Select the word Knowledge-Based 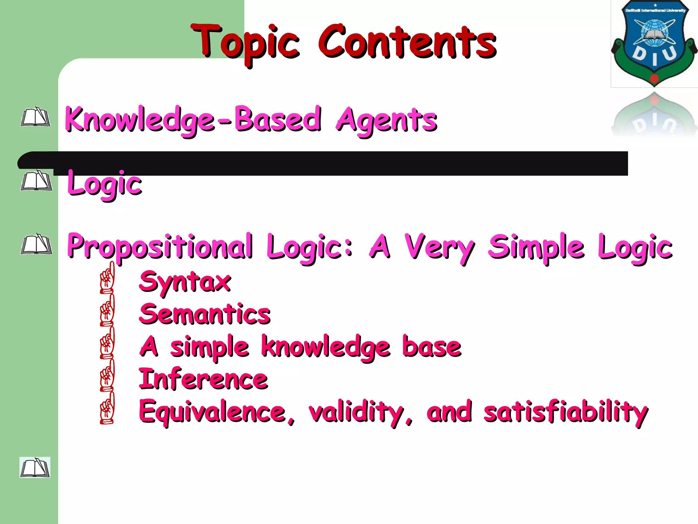tap(193, 120)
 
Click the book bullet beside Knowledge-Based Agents tap(35, 117)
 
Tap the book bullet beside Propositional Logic tap(36, 244)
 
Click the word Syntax tap(185, 282)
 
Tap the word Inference tap(203, 379)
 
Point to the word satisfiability tap(566, 412)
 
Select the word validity tap(360, 412)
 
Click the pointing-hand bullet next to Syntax tap(107, 278)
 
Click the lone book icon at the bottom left tap(35, 467)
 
